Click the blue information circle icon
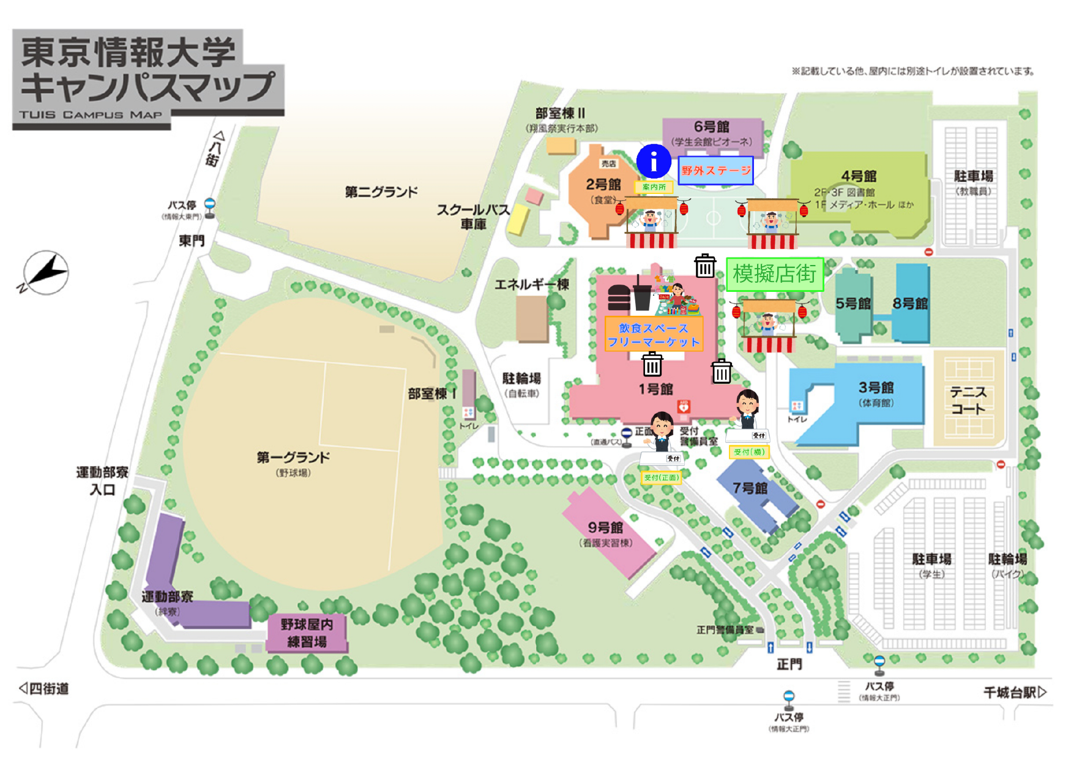click(x=654, y=162)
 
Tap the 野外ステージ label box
click(x=715, y=171)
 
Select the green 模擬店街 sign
click(x=775, y=274)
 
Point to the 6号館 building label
click(x=711, y=127)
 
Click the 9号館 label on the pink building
click(x=605, y=527)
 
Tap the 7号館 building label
click(x=750, y=488)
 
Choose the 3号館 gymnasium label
click(x=876, y=387)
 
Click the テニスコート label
click(x=968, y=400)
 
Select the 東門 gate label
click(x=191, y=241)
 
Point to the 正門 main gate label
click(x=789, y=664)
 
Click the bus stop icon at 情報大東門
click(x=210, y=207)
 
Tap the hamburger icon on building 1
click(x=619, y=298)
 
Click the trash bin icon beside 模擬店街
click(x=705, y=266)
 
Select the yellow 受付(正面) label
click(x=661, y=477)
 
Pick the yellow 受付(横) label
click(x=748, y=452)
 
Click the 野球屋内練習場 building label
click(x=307, y=633)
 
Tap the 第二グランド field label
click(x=381, y=192)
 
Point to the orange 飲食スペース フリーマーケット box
click(x=653, y=335)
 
